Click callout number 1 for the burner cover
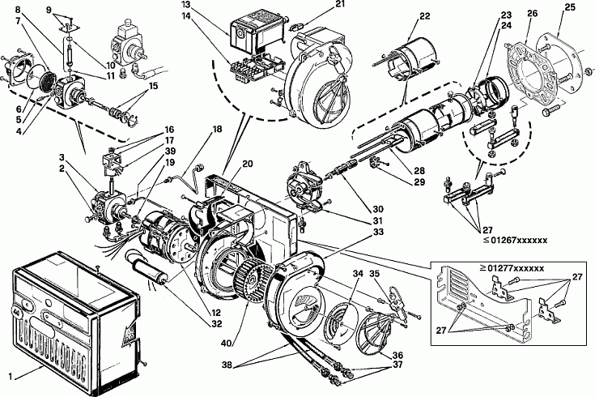tap(11, 377)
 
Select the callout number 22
tap(425, 16)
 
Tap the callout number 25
tap(570, 7)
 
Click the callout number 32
tap(218, 324)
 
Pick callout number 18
tap(217, 129)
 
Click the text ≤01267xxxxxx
tap(516, 240)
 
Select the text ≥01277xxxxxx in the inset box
tap(512, 268)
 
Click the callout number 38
tap(227, 366)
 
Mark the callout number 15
tap(153, 86)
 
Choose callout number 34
tap(358, 274)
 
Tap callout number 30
tap(378, 208)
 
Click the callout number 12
tap(215, 313)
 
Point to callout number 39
tap(170, 152)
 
